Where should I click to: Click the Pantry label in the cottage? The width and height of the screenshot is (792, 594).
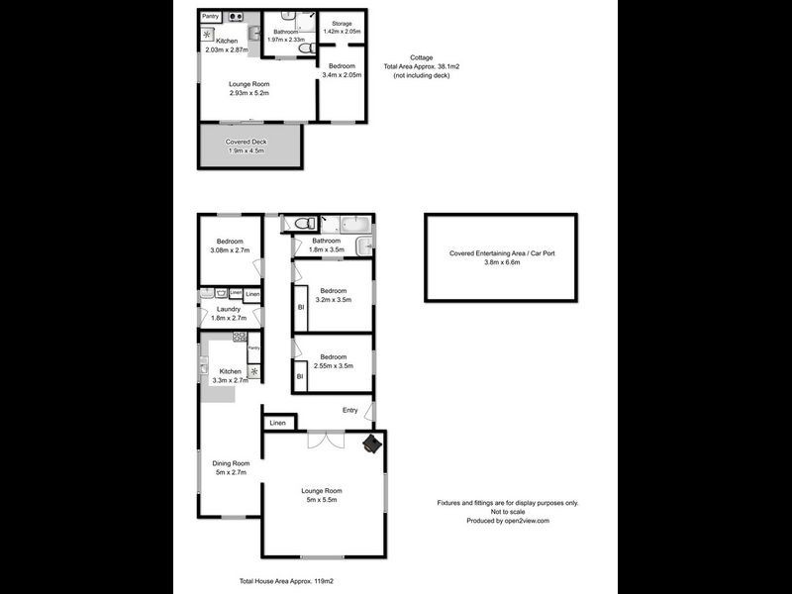[x=210, y=16]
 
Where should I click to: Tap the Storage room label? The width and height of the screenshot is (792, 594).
[x=342, y=23]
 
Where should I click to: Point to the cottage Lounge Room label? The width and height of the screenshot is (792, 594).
[x=249, y=84]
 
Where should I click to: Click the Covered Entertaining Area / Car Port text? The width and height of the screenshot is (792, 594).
[x=502, y=253]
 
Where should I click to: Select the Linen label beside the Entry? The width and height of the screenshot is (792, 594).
[x=278, y=423]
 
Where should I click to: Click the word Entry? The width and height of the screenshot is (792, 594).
[x=349, y=410]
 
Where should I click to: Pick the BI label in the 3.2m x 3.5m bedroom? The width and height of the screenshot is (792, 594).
[x=299, y=308]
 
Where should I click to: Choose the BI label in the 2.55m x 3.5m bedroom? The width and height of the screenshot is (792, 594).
[x=299, y=376]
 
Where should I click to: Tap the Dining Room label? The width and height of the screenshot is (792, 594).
[x=231, y=462]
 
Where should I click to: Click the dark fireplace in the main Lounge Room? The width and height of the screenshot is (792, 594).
[x=371, y=445]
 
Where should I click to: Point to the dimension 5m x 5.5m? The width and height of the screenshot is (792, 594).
[x=321, y=499]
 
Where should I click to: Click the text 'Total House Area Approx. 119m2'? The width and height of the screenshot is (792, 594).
[x=282, y=582]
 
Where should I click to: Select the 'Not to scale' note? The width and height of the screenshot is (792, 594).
[x=508, y=512]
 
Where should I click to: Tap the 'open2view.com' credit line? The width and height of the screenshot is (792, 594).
[x=508, y=521]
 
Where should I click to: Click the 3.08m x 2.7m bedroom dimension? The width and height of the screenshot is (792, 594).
[x=231, y=249]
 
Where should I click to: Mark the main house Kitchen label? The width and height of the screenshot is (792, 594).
[x=230, y=371]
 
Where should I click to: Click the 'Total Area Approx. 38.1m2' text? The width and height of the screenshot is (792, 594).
[x=427, y=66]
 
